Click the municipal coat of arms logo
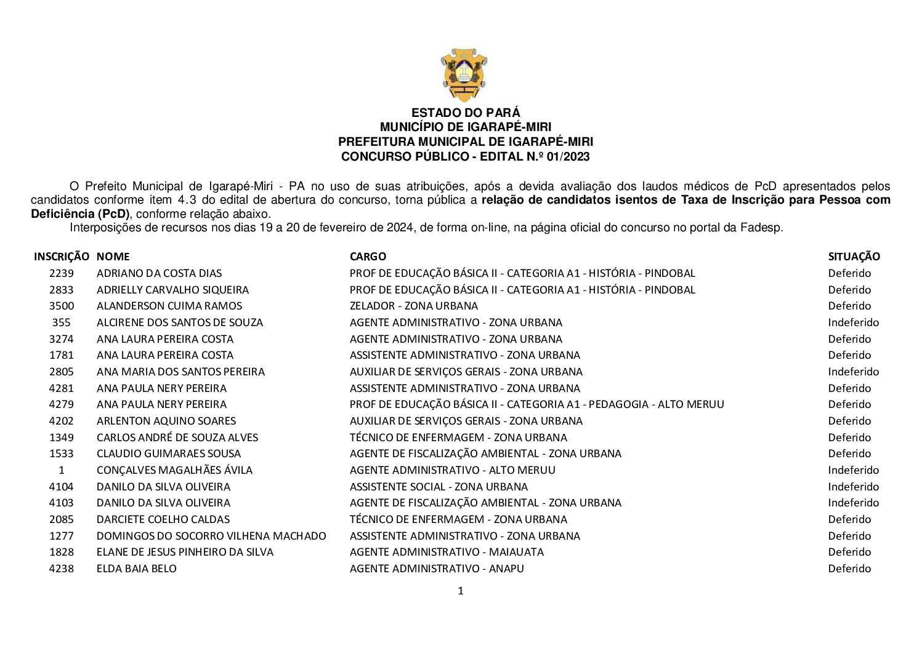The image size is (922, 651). coord(464,74)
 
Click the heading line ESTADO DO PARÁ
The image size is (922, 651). coord(465,113)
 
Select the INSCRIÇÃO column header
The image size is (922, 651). coord(61,257)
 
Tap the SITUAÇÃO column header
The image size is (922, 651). coord(854,257)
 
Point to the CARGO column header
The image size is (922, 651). coord(368,257)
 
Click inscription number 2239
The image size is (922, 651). coord(61,273)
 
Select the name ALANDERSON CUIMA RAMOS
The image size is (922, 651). coord(169,306)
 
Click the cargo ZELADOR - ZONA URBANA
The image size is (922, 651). coord(413,306)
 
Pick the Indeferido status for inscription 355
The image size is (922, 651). coord(853,322)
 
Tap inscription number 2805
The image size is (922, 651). coord(61,372)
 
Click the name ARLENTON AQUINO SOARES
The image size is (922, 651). coord(166,421)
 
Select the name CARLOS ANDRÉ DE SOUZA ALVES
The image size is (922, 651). coord(177,437)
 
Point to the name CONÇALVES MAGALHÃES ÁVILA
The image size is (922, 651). coord(174,470)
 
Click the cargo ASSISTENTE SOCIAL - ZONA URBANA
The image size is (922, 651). coord(439,487)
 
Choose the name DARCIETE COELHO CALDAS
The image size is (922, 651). coord(163,519)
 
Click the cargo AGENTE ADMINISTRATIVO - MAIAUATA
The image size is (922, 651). coord(447,552)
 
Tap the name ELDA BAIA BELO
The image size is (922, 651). coord(136,569)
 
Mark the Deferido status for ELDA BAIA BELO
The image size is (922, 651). coord(849,569)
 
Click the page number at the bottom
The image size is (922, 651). coord(461,591)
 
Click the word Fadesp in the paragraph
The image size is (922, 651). coord(765,228)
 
